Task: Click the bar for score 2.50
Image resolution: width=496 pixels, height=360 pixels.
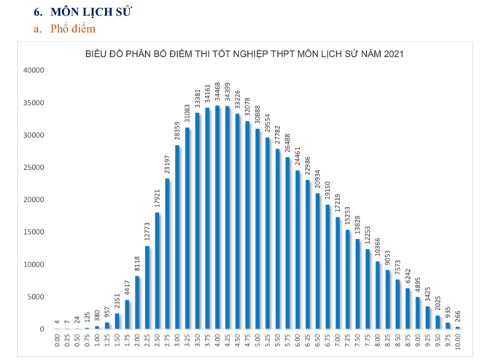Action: [x=158, y=270]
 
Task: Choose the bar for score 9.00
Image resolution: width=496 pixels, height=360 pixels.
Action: [x=418, y=313]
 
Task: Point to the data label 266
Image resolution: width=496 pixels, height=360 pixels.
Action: [x=458, y=317]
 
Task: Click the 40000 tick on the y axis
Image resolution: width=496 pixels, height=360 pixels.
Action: [x=34, y=71]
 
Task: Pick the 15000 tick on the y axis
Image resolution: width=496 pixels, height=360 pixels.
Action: [x=34, y=232]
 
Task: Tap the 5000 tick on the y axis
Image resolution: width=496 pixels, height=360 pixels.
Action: [x=36, y=297]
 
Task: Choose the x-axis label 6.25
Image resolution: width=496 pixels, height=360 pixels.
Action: [x=308, y=343]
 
